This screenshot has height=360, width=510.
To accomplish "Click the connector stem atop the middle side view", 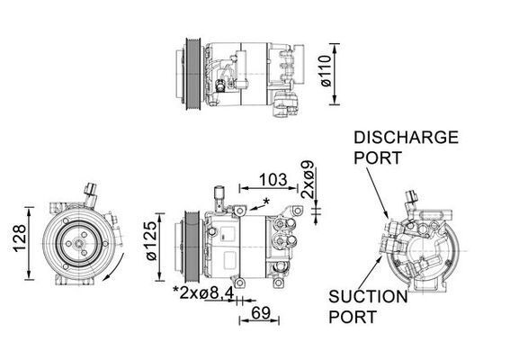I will pyautogui.click(x=219, y=196).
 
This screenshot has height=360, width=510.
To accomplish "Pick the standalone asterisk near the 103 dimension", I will pyautogui.click(x=265, y=200).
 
